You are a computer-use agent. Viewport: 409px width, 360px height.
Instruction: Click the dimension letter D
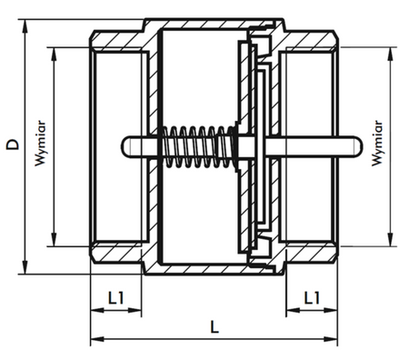(13, 145)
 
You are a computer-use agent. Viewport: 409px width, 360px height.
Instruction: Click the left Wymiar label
(40, 144)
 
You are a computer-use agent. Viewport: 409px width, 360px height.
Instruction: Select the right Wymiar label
(377, 143)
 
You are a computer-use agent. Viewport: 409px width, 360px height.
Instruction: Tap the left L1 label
(116, 298)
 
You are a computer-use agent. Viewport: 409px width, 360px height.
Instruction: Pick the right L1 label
(312, 298)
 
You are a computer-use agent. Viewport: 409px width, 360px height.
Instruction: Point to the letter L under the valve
(214, 327)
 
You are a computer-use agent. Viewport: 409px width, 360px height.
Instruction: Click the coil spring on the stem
(198, 146)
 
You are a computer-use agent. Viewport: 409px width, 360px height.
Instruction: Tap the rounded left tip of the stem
(124, 146)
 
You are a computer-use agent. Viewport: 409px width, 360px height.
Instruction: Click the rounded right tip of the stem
(359, 146)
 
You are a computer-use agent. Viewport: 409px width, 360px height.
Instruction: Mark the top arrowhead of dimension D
(25, 26)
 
